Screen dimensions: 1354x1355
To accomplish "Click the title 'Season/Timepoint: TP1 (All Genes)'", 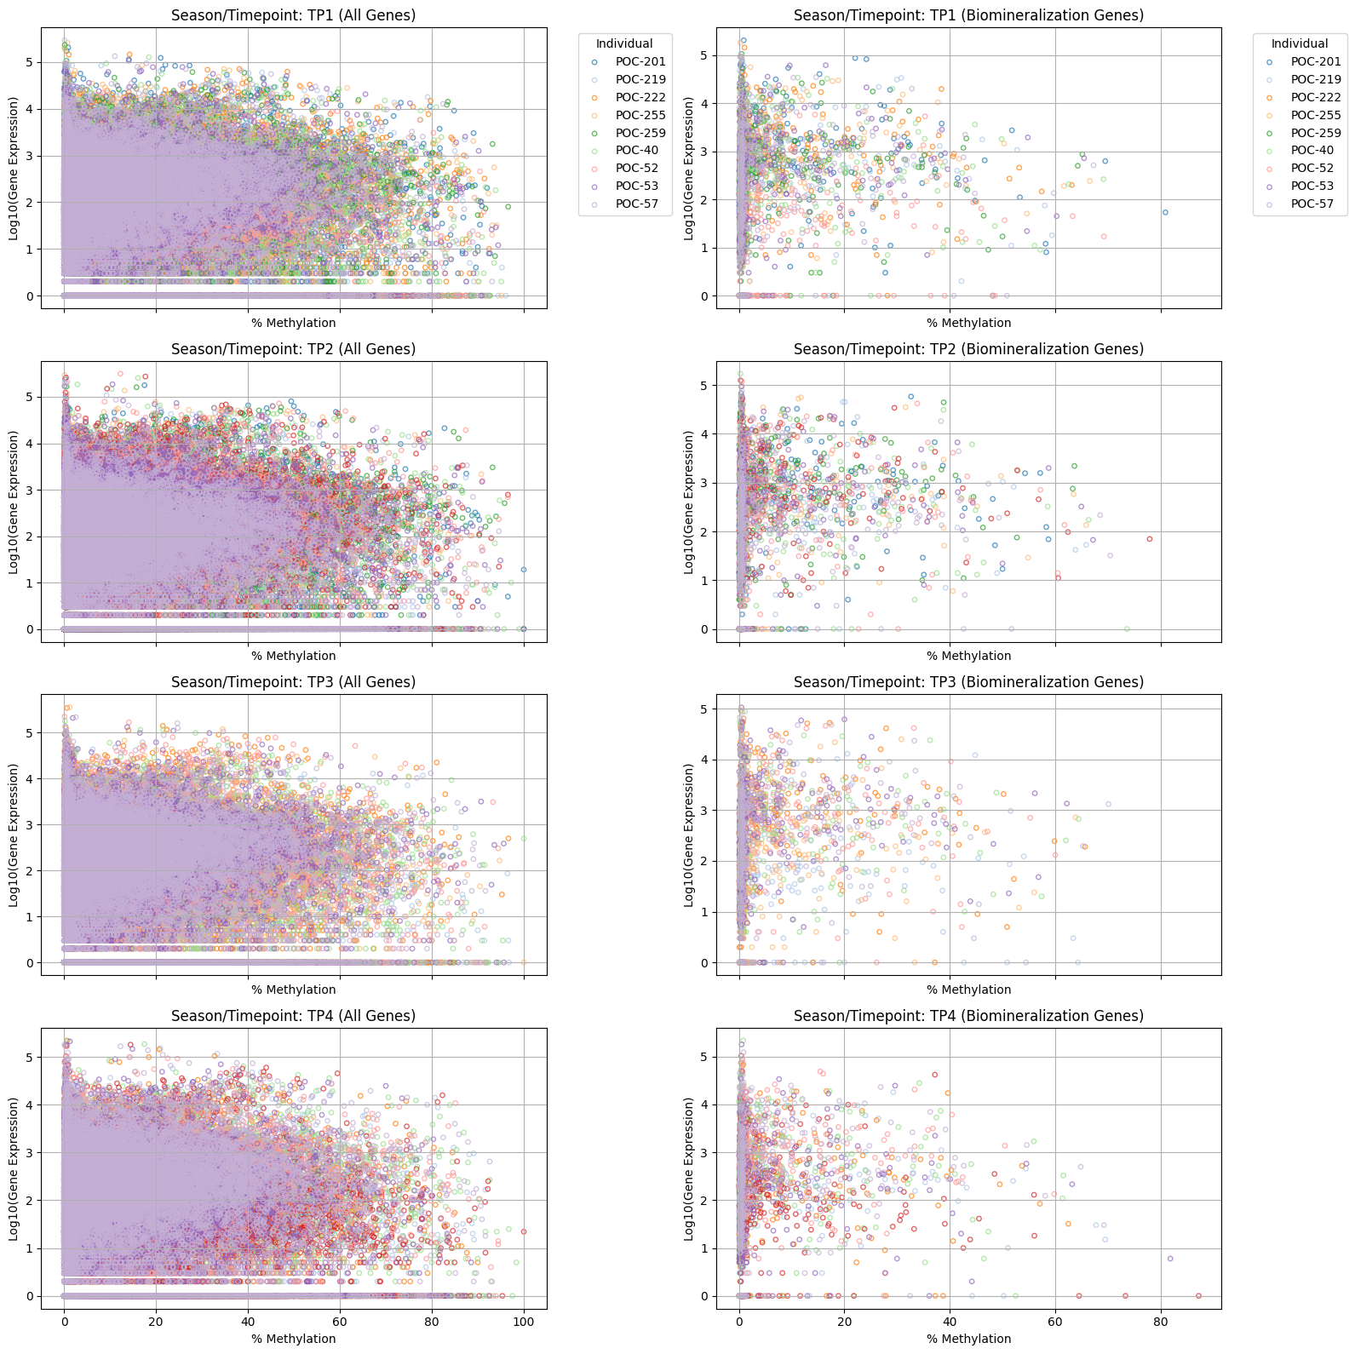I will (x=293, y=15).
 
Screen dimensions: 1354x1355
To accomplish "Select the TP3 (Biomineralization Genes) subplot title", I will (x=968, y=682).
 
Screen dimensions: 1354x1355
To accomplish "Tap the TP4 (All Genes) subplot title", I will (x=293, y=1016).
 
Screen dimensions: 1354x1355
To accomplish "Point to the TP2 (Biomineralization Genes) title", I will (x=968, y=349).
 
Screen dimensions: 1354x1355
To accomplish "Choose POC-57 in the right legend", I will (x=1312, y=204).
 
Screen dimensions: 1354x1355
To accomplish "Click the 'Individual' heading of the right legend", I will (x=1299, y=43).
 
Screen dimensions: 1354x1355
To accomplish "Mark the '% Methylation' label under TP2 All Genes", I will (x=293, y=656).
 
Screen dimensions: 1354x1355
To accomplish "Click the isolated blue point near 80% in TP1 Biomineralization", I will (x=1165, y=212).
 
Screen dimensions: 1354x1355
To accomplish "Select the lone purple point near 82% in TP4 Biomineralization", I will (x=1170, y=1258).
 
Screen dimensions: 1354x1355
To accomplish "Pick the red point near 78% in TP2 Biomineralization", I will (x=1149, y=539).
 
